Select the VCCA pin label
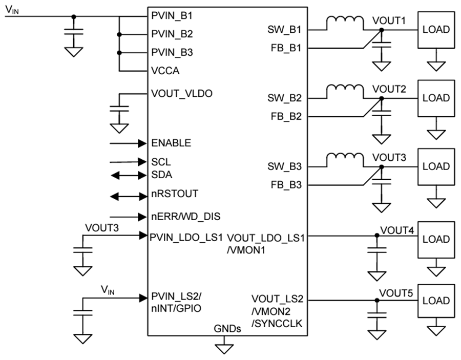point(165,70)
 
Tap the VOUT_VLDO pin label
point(182,94)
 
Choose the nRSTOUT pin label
point(175,195)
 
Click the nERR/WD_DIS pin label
point(186,217)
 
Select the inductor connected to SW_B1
point(344,23)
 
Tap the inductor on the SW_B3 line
point(344,159)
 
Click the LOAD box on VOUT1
point(435,29)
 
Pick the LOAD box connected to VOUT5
point(435,301)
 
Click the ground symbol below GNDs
point(223,348)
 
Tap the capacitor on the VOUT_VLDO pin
point(119,110)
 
